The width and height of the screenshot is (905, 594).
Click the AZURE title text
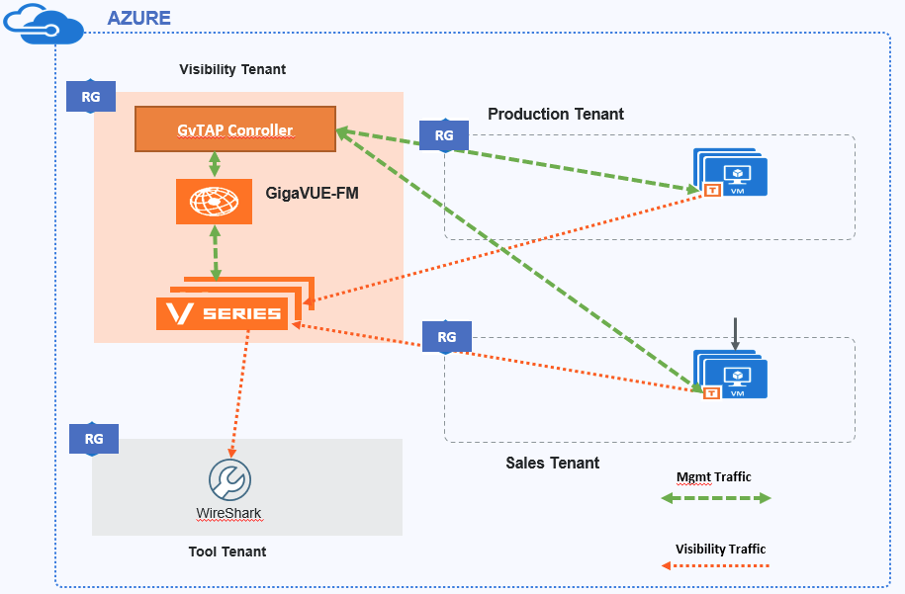[x=138, y=18]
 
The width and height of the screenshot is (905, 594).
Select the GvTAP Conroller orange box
[x=235, y=129]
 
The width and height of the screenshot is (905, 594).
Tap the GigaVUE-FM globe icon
[x=215, y=201]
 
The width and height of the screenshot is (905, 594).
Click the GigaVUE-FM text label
[x=312, y=194]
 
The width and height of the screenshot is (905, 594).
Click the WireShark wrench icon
[x=229, y=480]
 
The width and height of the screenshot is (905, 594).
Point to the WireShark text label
[x=228, y=514]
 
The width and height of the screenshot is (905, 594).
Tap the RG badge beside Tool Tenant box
[x=94, y=439]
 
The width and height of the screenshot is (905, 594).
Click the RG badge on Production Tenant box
[x=444, y=135]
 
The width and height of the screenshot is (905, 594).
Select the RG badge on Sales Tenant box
[x=447, y=337]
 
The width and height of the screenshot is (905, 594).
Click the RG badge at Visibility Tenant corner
[x=91, y=97]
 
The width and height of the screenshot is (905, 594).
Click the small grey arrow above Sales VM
[x=735, y=334]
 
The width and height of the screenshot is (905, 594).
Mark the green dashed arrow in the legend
[x=715, y=499]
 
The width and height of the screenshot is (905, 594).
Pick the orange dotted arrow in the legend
[x=715, y=565]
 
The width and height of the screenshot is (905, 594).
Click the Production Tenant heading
[x=555, y=114]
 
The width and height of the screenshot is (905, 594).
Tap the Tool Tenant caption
[x=227, y=552]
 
